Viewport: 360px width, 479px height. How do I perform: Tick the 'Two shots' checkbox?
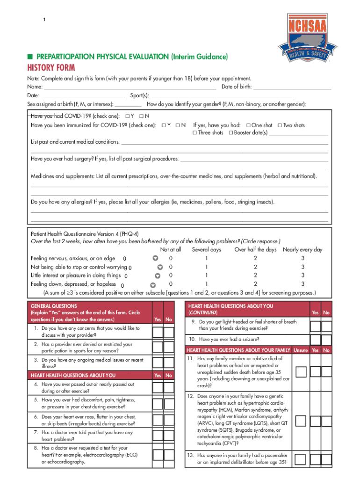pos(280,125)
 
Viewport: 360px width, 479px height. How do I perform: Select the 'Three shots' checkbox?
pos(195,133)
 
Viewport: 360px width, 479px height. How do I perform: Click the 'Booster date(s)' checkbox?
pos(231,133)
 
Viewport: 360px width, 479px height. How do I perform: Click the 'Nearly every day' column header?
pos(302,250)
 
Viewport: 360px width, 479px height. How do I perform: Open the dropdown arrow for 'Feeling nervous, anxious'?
pos(156,258)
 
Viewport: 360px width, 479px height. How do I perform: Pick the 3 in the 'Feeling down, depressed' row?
pos(302,284)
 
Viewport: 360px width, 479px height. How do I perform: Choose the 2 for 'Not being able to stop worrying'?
pos(255,267)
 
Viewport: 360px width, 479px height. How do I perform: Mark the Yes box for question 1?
pos(158,332)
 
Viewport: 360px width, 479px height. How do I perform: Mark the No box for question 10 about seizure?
pos(326,340)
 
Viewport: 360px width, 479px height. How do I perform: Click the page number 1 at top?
pos(44,20)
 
